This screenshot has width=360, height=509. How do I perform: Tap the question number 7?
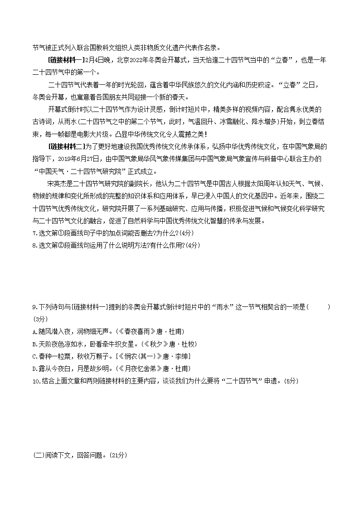coord(35,233)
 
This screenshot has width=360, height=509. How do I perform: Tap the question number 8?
coord(35,245)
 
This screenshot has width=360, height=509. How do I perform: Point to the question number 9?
coord(35,307)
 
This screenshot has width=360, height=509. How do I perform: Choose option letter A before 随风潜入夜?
coord(34,332)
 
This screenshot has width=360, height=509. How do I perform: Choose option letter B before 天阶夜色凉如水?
coord(34,344)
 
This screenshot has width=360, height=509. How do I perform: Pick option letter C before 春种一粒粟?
coord(34,356)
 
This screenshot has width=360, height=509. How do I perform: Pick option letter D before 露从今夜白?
coord(34,368)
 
